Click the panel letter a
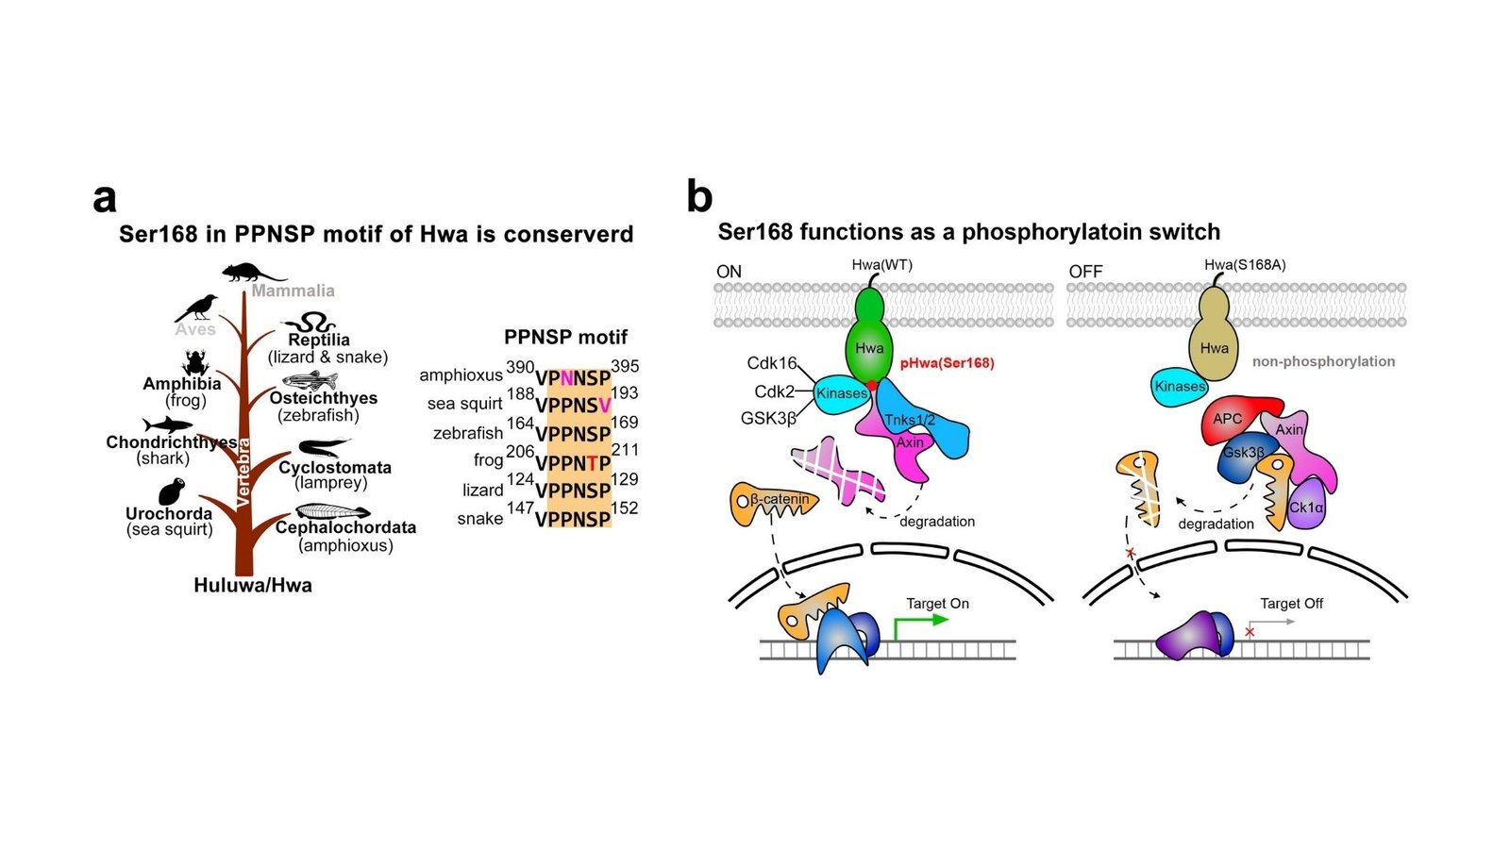[105, 199]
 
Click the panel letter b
[699, 197]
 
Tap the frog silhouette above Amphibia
[195, 362]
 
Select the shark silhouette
[167, 425]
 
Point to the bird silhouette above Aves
[196, 307]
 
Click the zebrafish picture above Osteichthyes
[310, 380]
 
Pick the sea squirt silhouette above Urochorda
[171, 492]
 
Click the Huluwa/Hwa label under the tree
[253, 585]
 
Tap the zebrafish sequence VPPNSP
[573, 434]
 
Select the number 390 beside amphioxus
[520, 367]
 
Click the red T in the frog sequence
[592, 463]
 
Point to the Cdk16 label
[772, 363]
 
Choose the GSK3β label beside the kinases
[768, 418]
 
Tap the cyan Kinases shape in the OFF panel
[1179, 387]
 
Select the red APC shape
[1229, 420]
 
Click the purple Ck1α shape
[1306, 505]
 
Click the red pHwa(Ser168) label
[947, 363]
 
